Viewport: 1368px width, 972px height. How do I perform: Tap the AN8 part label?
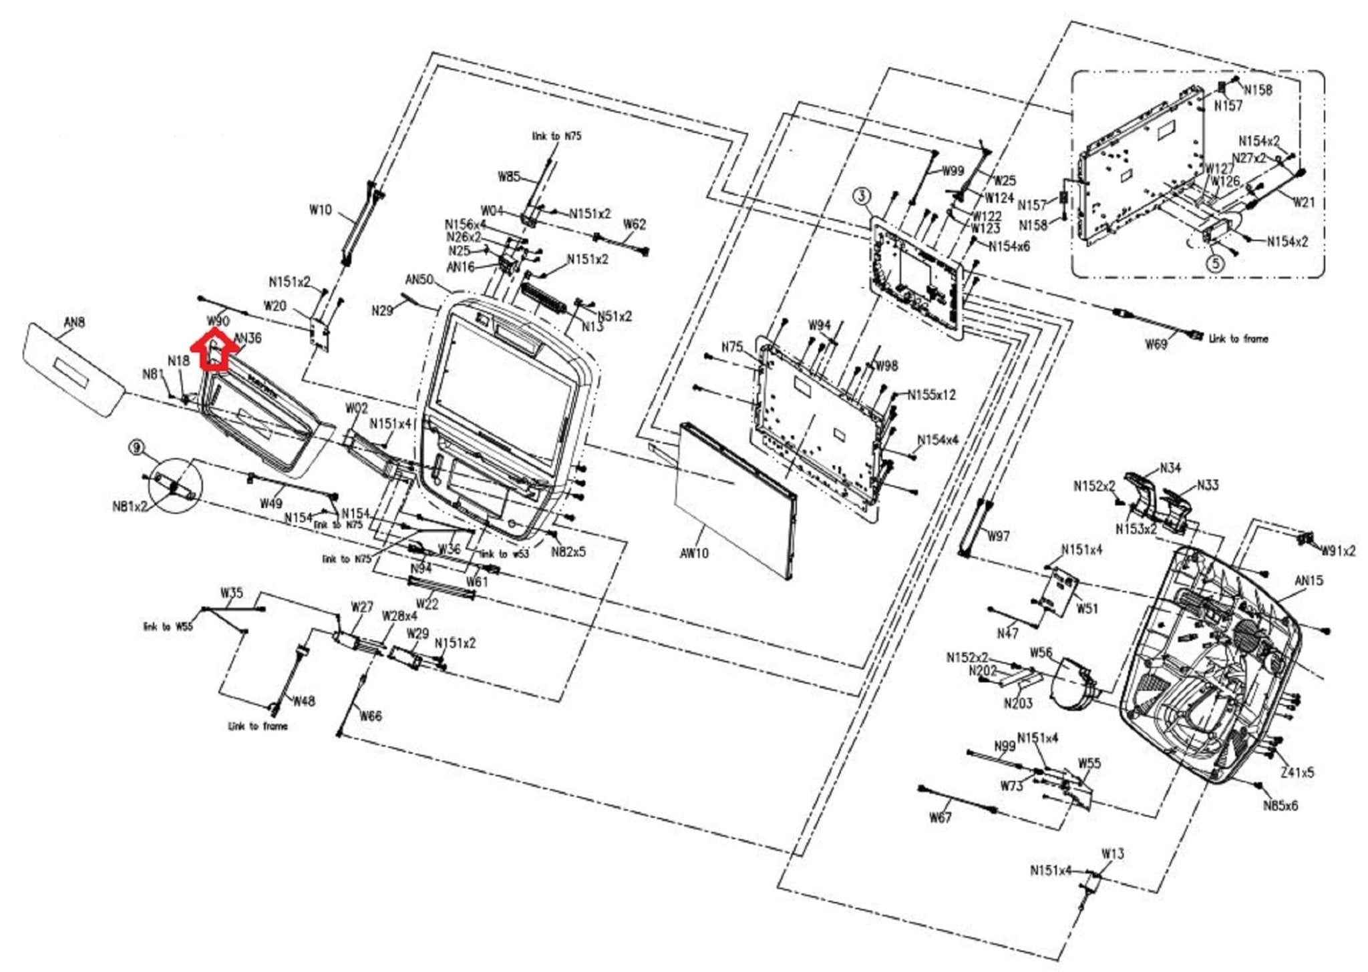click(x=74, y=322)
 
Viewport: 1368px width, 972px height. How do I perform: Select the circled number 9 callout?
click(x=137, y=447)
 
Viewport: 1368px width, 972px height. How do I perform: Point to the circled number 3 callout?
click(x=862, y=196)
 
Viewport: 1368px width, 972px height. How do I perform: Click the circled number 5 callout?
click(x=1215, y=263)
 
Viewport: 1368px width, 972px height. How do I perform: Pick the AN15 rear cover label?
click(x=1309, y=581)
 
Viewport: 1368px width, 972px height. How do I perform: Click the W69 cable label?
click(x=1156, y=344)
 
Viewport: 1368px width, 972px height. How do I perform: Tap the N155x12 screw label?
click(x=931, y=395)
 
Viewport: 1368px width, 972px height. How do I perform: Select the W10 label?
click(x=320, y=210)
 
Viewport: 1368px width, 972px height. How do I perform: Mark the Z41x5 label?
click(x=1297, y=772)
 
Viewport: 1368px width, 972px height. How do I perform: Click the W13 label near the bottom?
click(x=1113, y=853)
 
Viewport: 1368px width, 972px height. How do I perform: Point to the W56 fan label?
click(x=1041, y=652)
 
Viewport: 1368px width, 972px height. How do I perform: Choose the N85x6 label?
click(x=1280, y=805)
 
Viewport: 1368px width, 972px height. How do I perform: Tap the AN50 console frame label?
click(x=419, y=279)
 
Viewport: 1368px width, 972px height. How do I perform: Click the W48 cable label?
click(x=304, y=701)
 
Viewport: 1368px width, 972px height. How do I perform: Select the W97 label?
click(x=999, y=536)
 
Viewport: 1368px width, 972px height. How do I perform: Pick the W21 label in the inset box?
click(x=1304, y=202)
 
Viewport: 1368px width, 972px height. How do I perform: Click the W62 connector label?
click(x=634, y=224)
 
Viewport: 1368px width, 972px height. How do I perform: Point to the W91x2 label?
click(x=1339, y=551)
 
